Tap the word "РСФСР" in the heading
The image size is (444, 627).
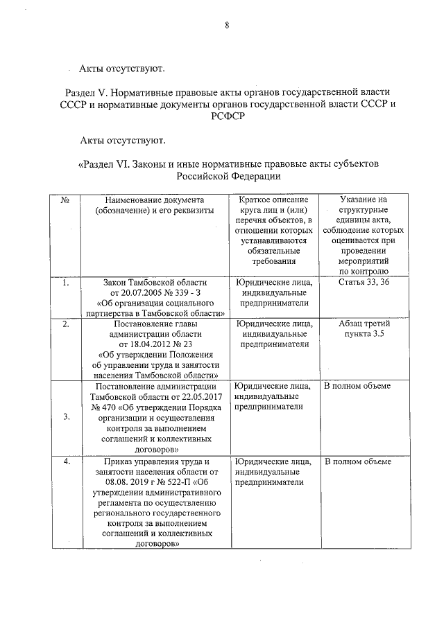click(227, 116)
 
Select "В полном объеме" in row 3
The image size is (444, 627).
click(357, 386)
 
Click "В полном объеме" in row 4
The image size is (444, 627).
click(357, 462)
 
